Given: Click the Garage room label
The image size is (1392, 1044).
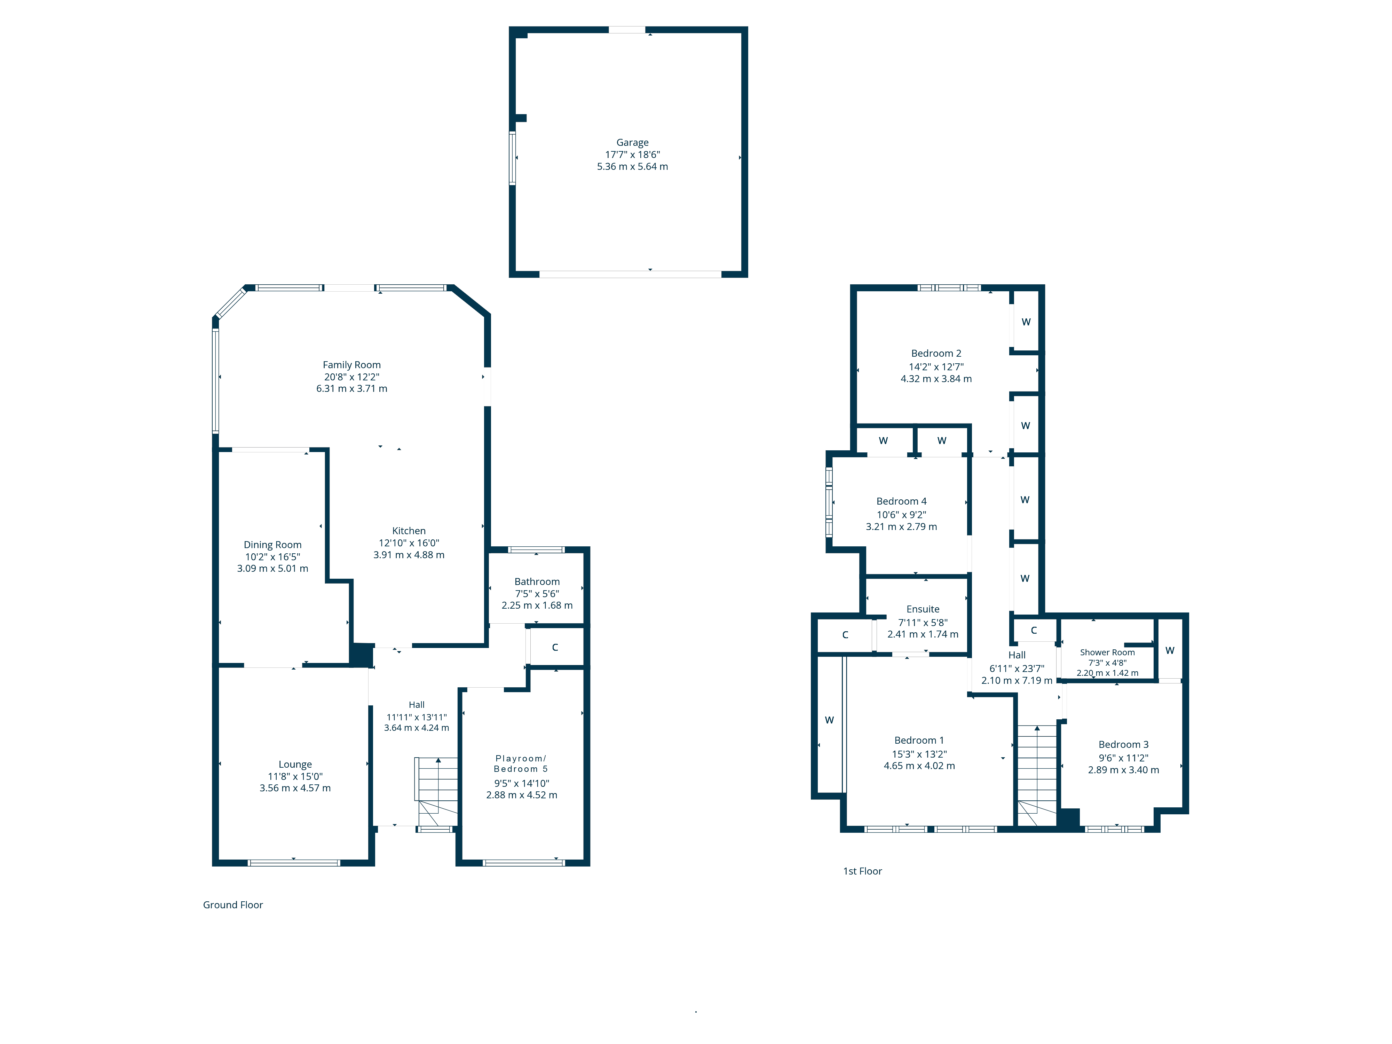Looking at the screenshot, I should point(632,143).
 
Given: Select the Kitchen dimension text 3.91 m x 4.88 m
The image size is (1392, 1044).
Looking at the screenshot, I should point(409,555).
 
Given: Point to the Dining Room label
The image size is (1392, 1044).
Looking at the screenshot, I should point(272,545).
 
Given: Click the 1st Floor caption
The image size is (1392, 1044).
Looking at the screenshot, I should point(862,871).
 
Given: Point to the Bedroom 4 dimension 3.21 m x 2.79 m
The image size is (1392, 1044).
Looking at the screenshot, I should point(901,527).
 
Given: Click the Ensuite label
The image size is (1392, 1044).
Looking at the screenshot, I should point(923,609).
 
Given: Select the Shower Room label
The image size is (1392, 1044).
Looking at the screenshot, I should point(1107,652).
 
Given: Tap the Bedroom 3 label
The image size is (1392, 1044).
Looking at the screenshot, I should point(1123,744).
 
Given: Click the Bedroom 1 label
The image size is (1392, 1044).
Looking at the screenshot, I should point(919,741).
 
